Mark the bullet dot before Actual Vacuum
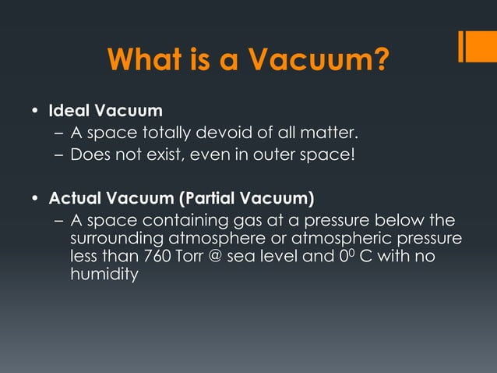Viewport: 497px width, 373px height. coord(35,197)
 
